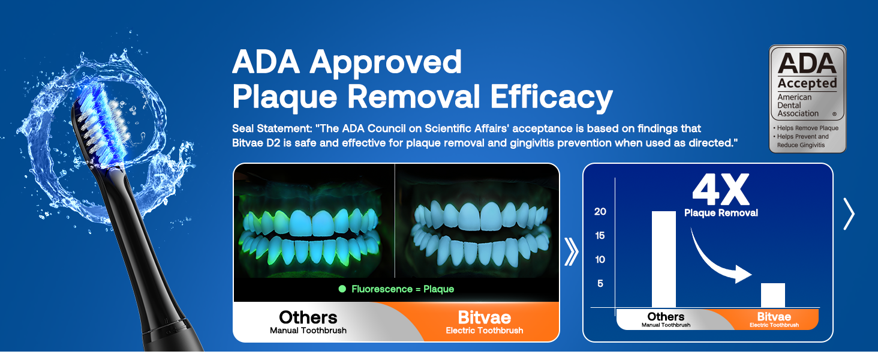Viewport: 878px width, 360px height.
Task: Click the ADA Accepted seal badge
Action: [x=807, y=98]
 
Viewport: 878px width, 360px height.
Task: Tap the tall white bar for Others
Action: [x=663, y=259]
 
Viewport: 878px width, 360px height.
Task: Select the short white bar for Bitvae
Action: [x=772, y=295]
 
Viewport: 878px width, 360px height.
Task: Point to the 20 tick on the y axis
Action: [x=600, y=212]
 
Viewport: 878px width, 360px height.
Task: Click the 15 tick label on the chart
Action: [x=600, y=236]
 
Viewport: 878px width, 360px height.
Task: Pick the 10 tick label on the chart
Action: [x=600, y=260]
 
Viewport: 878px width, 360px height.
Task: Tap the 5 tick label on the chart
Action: [x=600, y=284]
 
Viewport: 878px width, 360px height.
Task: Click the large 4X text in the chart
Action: [x=721, y=190]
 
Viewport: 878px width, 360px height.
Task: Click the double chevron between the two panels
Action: [x=571, y=252]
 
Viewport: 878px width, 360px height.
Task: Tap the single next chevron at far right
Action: [x=849, y=214]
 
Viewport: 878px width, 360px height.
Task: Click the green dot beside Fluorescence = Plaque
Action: [x=342, y=289]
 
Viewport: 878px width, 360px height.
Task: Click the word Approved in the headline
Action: [x=386, y=62]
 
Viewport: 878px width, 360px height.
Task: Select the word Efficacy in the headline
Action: [x=552, y=97]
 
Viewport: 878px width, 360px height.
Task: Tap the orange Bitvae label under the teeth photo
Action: [x=485, y=317]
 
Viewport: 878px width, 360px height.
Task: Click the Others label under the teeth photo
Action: [x=308, y=317]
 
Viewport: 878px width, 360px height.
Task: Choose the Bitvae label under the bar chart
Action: [x=774, y=316]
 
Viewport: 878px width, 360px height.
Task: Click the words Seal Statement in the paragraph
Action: [x=272, y=128]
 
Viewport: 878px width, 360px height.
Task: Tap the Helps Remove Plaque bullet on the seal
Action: [x=806, y=128]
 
